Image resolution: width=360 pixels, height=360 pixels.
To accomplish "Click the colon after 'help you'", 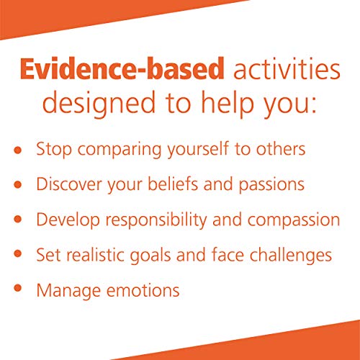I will (x=315, y=104).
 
